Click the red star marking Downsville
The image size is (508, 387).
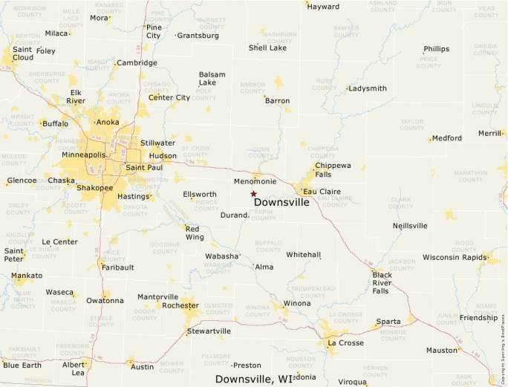253,193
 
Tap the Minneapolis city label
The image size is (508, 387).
83,155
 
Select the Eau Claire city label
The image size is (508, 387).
322,192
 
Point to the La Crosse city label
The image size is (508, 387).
345,342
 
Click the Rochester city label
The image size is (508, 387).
180,305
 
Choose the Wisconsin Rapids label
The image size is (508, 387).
454,257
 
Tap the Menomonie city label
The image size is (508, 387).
255,181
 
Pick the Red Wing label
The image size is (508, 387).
195,232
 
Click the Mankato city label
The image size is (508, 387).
27,276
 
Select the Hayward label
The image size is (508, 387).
323,7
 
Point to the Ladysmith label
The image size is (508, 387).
368,88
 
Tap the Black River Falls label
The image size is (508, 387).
382,283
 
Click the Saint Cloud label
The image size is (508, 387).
22,53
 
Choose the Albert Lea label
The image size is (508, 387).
74,369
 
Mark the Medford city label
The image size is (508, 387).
447,138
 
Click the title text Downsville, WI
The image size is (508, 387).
254,379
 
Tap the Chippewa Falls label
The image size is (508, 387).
333,169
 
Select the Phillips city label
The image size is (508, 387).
437,49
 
